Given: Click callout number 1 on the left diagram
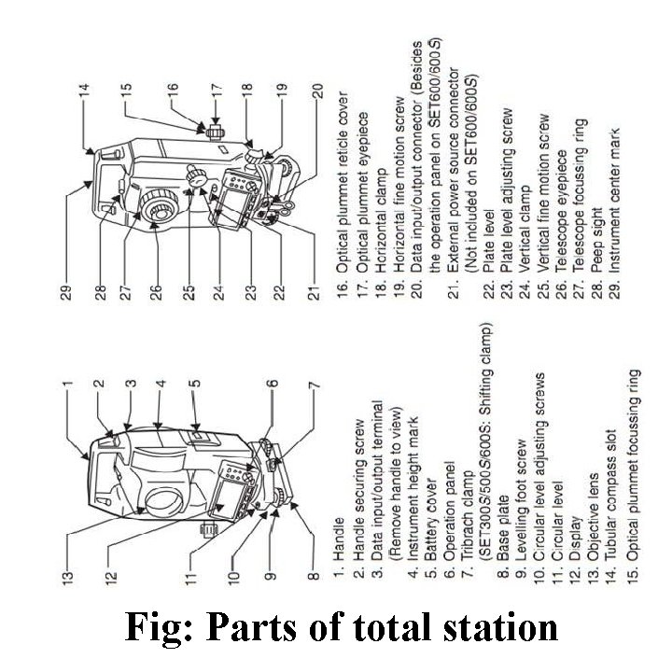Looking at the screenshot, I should coord(67,380).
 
